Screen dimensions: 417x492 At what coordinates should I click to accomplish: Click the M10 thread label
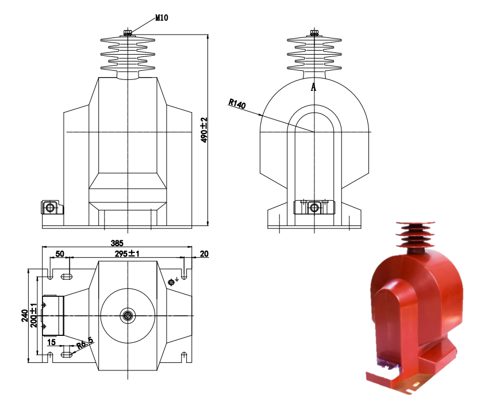coord(162,18)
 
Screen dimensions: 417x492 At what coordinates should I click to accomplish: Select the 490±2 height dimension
coord(203,130)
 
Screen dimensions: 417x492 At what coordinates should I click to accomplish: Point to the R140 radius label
coord(237,104)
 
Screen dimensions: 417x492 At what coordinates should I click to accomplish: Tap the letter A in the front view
coord(313,87)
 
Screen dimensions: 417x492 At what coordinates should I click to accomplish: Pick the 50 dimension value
coord(59,254)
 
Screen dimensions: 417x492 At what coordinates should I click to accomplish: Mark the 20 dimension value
coord(204,254)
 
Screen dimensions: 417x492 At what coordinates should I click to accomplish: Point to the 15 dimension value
coord(52,342)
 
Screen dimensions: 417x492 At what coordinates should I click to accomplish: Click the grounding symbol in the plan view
coord(171,282)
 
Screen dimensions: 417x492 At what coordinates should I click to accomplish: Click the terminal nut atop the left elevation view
coord(127,33)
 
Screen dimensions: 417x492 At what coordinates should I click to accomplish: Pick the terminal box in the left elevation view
coord(50,207)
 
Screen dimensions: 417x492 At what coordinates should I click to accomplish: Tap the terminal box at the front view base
coord(313,206)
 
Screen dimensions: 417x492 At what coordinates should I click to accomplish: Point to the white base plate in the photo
coord(397,381)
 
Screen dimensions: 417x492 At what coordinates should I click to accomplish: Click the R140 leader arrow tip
coord(313,132)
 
